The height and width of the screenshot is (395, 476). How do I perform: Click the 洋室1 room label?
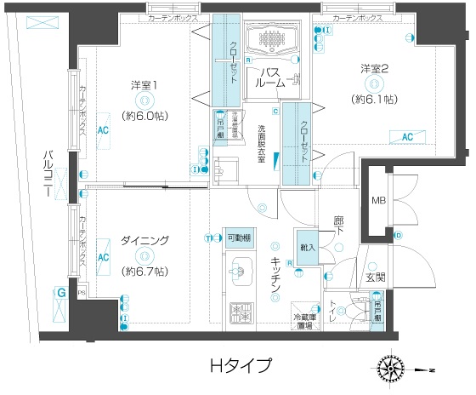[144, 85]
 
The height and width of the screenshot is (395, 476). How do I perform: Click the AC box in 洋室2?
[406, 136]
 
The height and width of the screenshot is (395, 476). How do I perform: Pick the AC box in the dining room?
[103, 256]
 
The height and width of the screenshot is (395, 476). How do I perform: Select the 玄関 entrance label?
[376, 278]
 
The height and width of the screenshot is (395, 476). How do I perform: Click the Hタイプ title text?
[241, 367]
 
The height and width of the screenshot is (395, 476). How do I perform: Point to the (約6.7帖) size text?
[144, 271]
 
